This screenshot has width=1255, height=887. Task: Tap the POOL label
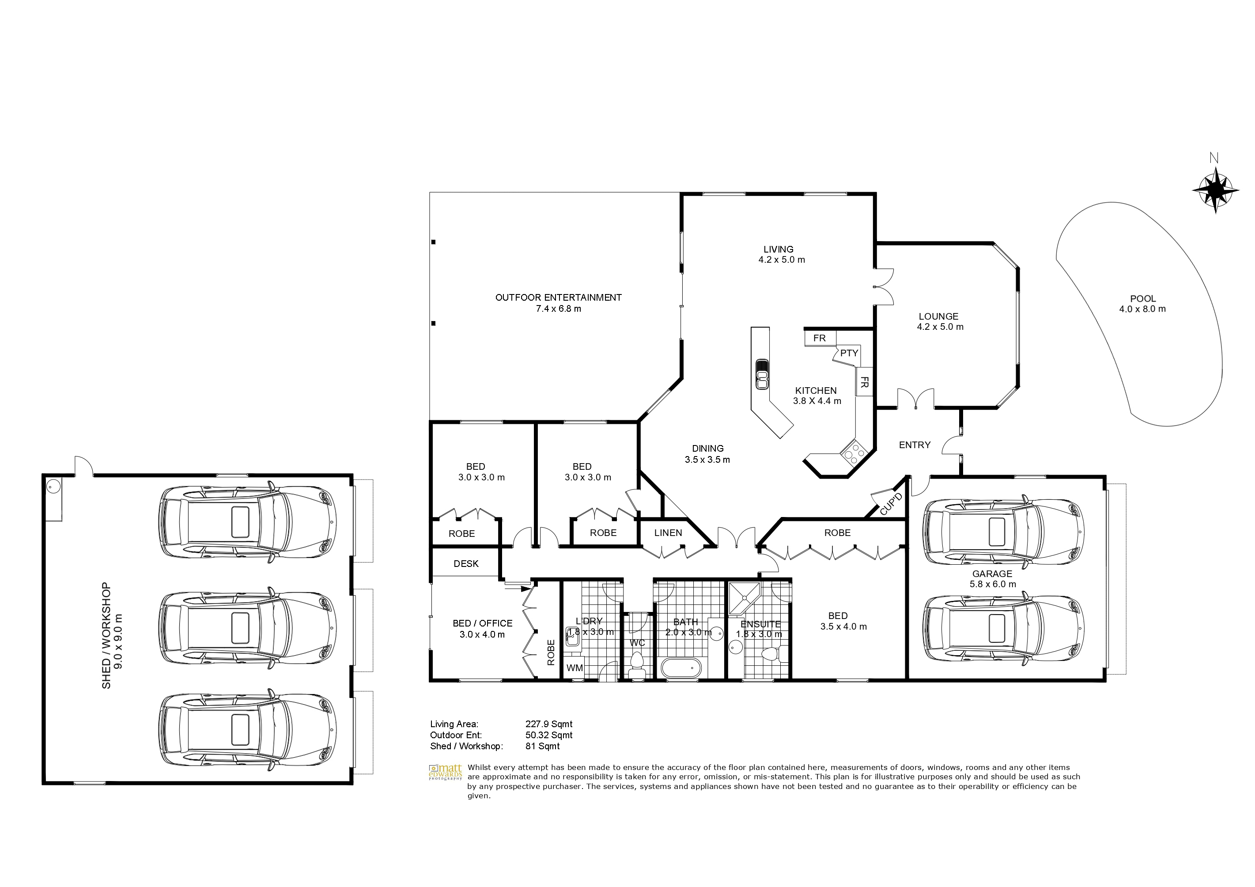click(1143, 299)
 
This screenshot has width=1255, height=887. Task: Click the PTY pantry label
click(849, 353)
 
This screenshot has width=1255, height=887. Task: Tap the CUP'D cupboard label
click(891, 503)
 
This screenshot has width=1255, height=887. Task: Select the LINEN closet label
click(668, 533)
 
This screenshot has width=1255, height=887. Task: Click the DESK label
click(466, 563)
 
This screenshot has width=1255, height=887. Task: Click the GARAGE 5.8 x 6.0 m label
click(992, 579)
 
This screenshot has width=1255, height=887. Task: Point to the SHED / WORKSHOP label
click(112, 634)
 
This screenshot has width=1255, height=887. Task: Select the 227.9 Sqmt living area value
click(549, 724)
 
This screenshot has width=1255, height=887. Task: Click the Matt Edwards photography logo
click(446, 772)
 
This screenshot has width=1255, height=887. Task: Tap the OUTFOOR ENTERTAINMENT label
click(558, 297)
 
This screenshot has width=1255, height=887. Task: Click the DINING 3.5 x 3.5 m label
click(707, 453)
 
